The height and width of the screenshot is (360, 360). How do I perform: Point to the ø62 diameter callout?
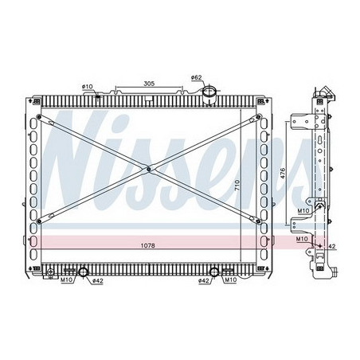pyautogui.click(x=197, y=78)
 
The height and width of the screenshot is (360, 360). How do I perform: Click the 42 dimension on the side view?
pyautogui.click(x=331, y=248)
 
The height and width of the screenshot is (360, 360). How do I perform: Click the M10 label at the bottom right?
pyautogui.click(x=230, y=280)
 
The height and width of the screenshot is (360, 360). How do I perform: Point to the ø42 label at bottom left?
pyautogui.click(x=96, y=281)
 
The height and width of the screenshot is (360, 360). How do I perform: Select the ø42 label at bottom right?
pyautogui.click(x=204, y=281)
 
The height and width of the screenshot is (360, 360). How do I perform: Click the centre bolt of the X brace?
pyautogui.click(x=148, y=168)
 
